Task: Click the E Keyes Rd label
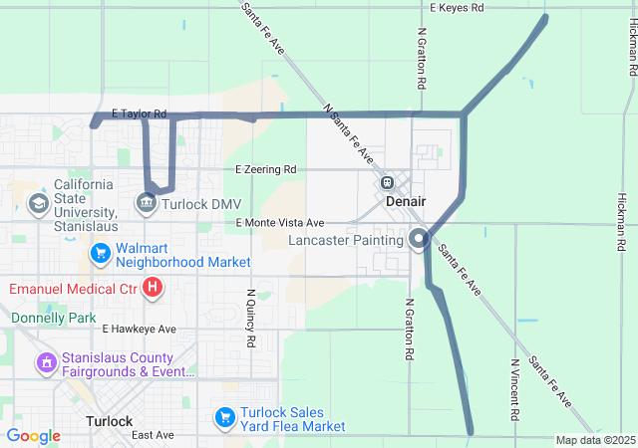click(x=457, y=8)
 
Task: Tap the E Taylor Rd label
click(x=139, y=114)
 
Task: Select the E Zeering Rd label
click(x=266, y=169)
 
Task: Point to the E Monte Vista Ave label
click(x=281, y=223)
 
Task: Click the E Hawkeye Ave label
click(x=139, y=329)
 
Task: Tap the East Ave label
click(x=153, y=435)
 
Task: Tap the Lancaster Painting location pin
click(x=419, y=239)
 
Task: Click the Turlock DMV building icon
click(x=147, y=204)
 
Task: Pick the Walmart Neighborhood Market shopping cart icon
click(x=100, y=254)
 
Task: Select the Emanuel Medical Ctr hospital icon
click(x=153, y=289)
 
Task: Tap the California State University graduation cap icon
click(x=38, y=204)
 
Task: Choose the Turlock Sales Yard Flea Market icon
click(x=225, y=416)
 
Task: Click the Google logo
click(x=33, y=436)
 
